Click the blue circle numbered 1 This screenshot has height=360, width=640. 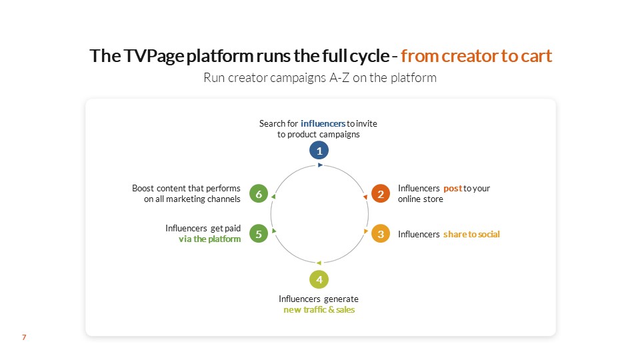click(x=320, y=150)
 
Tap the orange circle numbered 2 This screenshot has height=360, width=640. click(x=381, y=194)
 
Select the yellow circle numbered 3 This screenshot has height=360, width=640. click(x=381, y=234)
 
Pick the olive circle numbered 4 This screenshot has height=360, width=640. click(x=320, y=279)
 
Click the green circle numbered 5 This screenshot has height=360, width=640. click(x=258, y=234)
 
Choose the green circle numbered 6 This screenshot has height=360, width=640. click(x=258, y=194)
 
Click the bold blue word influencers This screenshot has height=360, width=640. click(x=323, y=123)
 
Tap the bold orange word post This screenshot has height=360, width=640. click(x=453, y=189)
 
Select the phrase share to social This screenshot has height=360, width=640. click(x=471, y=234)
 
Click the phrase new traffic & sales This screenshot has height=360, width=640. click(x=319, y=310)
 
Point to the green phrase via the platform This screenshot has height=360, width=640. click(x=209, y=239)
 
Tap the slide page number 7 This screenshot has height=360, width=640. click(x=24, y=338)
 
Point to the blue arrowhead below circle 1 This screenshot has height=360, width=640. click(x=321, y=165)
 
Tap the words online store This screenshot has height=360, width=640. click(x=421, y=199)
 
